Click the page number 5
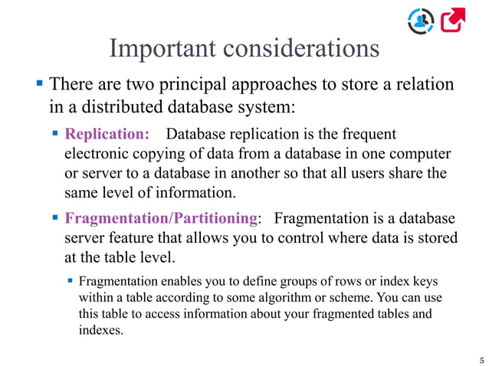click(481, 359)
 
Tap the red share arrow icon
click(453, 20)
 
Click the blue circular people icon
click(421, 20)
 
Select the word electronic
click(97, 153)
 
